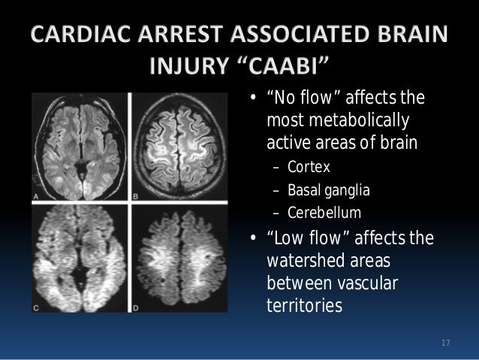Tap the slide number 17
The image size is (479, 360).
click(444, 343)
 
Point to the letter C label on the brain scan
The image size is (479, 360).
click(35, 307)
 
